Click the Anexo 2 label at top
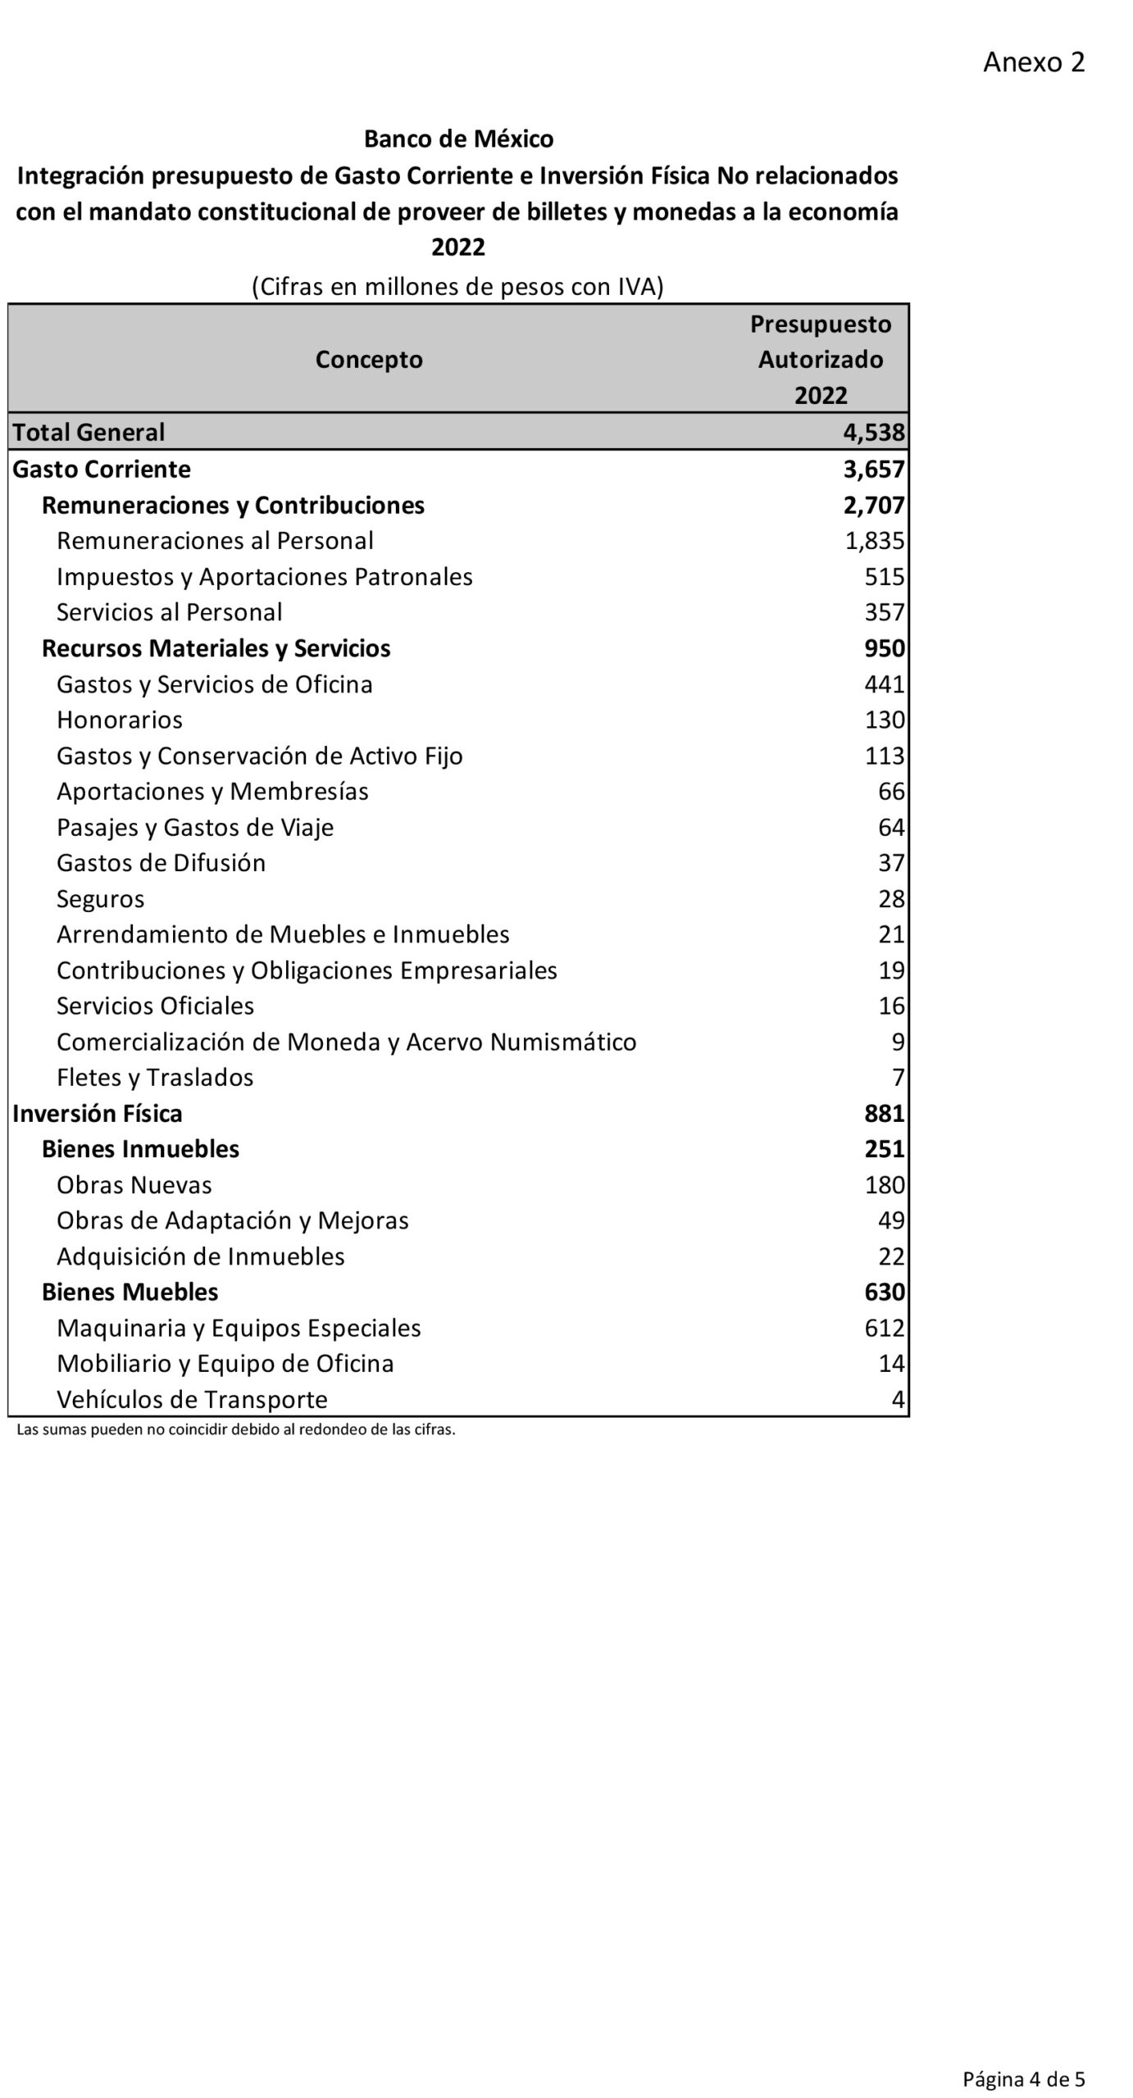click(x=1033, y=62)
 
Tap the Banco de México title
click(x=458, y=139)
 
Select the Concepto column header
click(x=369, y=359)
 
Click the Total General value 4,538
click(x=874, y=432)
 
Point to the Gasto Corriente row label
click(x=102, y=469)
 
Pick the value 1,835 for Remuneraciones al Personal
click(x=875, y=541)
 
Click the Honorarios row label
click(x=120, y=720)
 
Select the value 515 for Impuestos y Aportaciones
click(x=885, y=577)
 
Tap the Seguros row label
click(x=100, y=899)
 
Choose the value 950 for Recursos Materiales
click(x=885, y=648)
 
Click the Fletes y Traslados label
click(x=155, y=1078)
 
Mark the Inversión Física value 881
click(x=885, y=1113)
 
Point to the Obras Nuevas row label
click(x=134, y=1185)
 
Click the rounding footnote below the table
click(x=236, y=1430)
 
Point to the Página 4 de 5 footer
click(x=1023, y=2073)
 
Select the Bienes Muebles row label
click(x=130, y=1292)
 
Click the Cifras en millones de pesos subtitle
click(x=457, y=287)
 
